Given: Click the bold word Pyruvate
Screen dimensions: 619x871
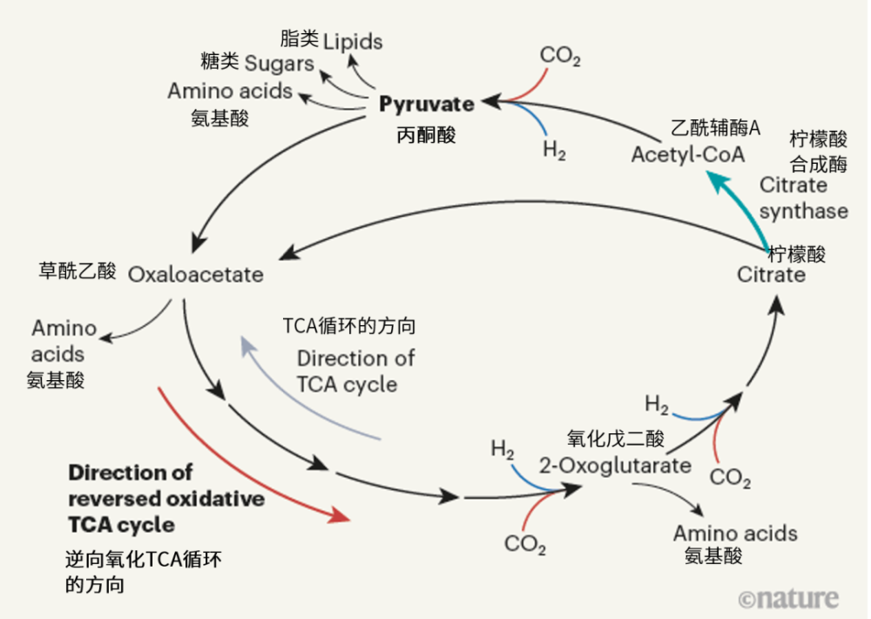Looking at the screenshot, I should pos(427,105).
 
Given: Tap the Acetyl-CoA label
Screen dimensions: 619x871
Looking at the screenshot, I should pos(688,155).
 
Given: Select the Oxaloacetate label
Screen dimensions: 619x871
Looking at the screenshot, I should pos(196,275).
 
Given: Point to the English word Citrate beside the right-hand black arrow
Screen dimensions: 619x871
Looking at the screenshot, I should pos(772,275).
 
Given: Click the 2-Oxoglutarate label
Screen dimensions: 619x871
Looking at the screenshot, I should pos(615,465).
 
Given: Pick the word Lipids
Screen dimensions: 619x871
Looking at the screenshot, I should pos(353,42).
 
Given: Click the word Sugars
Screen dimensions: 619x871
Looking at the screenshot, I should pos(279,64).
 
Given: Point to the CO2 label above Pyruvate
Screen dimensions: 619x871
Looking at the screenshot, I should pos(560,57).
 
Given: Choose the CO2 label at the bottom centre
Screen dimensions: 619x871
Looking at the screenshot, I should pos(525,545).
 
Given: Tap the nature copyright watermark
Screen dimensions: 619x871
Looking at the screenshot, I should pos(788,598).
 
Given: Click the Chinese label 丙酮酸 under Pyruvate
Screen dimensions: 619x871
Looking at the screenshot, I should pos(426,135).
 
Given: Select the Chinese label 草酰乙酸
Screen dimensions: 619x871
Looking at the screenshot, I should pos(78,271).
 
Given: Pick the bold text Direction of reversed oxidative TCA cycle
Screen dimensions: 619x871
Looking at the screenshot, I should pos(165,499).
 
